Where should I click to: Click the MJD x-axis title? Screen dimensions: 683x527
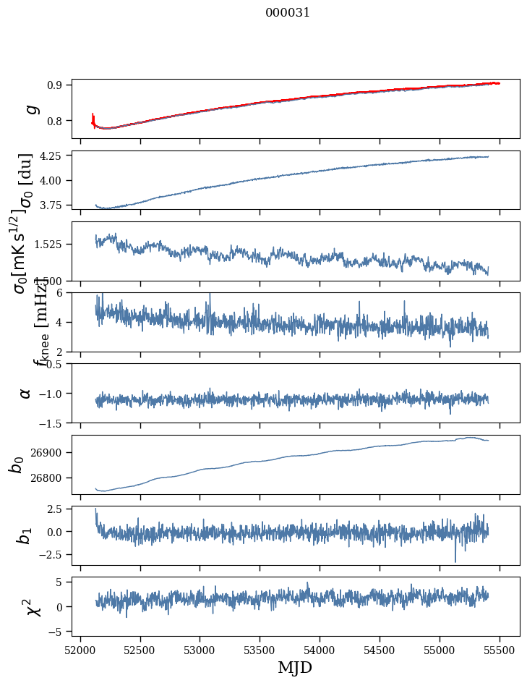click(x=295, y=667)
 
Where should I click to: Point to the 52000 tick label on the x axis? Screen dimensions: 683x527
click(x=80, y=650)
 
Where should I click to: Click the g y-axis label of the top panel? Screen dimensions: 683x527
click(x=30, y=109)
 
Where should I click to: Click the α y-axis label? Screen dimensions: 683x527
click(x=26, y=393)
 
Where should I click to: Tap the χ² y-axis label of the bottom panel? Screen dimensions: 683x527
click(x=33, y=606)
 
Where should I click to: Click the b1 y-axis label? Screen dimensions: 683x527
click(x=25, y=535)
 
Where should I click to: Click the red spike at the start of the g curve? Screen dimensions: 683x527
click(x=93, y=117)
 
